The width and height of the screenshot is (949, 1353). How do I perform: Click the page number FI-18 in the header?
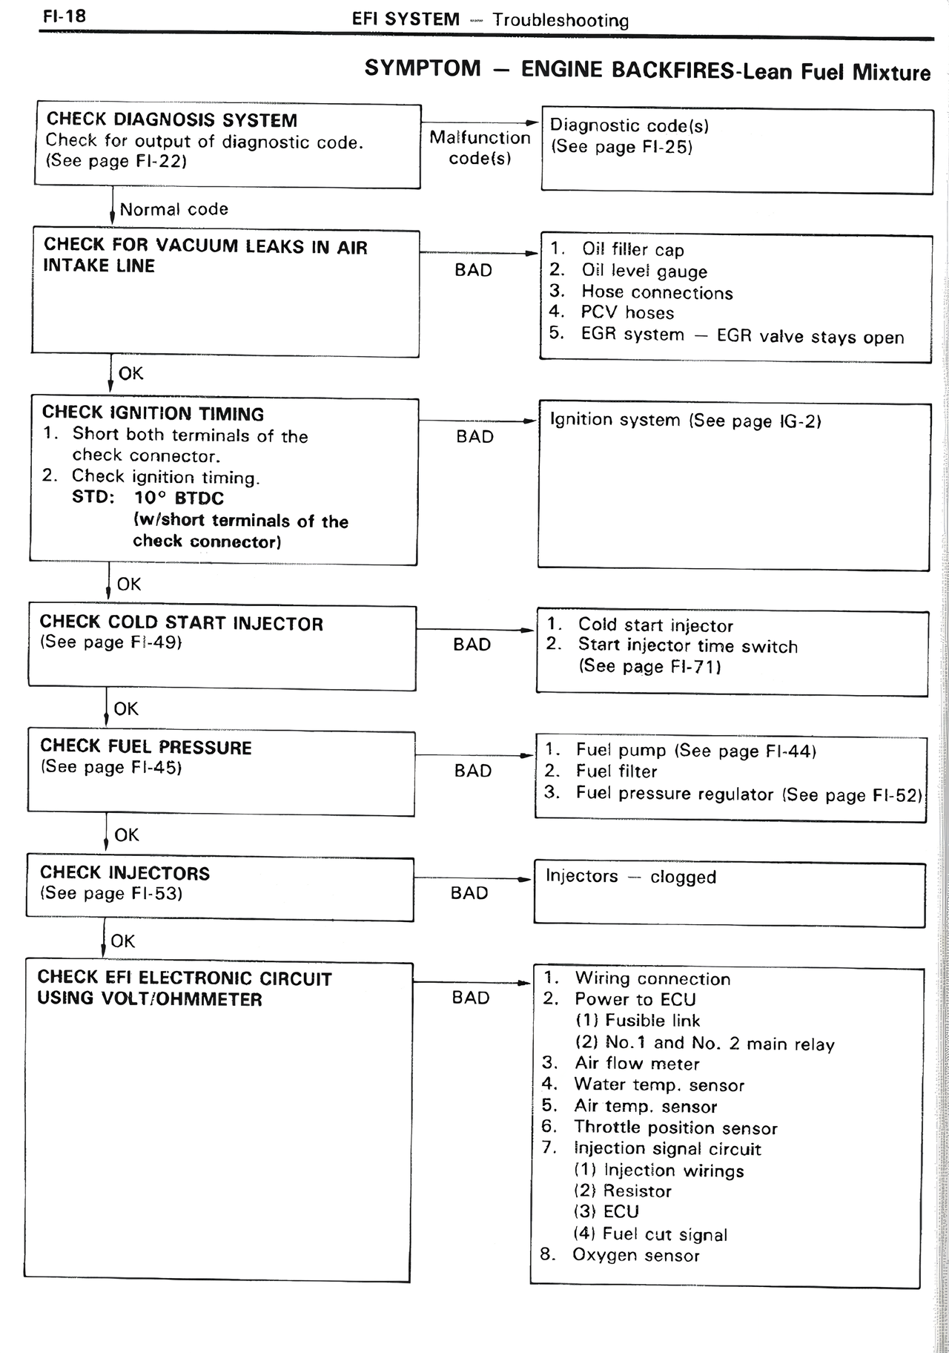[x=64, y=16]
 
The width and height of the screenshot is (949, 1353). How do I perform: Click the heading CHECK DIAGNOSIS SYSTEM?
[x=171, y=119]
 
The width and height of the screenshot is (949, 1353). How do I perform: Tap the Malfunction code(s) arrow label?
[x=480, y=148]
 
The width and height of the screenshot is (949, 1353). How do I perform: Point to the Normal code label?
[x=173, y=209]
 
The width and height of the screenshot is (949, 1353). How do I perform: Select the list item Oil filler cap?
[x=632, y=249]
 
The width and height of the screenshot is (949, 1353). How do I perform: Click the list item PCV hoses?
[x=627, y=312]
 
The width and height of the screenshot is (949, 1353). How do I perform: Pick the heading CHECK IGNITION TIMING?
[x=153, y=413]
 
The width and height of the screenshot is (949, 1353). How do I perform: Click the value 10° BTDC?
[x=179, y=498]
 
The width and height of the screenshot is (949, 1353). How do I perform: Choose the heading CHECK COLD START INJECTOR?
[x=182, y=622]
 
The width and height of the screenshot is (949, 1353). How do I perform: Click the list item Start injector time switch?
[x=687, y=645]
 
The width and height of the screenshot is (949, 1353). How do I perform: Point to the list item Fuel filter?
[x=616, y=771]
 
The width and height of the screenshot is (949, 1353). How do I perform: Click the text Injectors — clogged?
[x=631, y=876]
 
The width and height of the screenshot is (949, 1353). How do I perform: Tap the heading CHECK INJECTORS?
[x=125, y=872]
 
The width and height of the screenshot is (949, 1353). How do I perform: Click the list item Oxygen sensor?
[x=635, y=1254]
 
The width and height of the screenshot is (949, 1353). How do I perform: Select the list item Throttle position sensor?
[x=675, y=1127]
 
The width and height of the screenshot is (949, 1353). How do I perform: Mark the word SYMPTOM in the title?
[x=423, y=68]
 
